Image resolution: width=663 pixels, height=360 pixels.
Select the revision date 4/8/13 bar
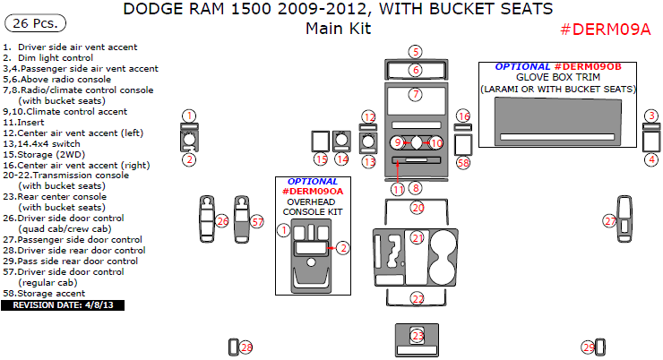coord(63,305)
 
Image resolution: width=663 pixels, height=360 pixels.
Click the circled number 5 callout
coord(415,51)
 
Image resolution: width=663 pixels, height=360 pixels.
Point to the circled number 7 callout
coord(415,94)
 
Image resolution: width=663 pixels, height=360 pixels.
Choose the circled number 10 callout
coord(435,142)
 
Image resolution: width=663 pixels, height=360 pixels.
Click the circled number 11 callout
coord(398,188)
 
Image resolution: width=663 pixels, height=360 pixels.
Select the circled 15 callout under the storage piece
coord(321,159)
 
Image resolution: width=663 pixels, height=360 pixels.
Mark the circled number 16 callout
coord(462,116)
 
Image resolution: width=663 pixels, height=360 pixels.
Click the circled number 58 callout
coord(462,163)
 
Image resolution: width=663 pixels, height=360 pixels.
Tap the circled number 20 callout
coord(418,208)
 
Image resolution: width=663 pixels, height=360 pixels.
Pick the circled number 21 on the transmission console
coord(418,237)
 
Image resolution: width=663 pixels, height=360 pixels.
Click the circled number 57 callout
coord(257,221)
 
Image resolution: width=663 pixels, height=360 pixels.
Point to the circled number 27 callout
coord(609,220)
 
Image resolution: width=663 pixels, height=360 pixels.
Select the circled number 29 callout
coord(589,347)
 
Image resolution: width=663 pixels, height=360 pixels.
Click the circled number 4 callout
coord(651,159)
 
